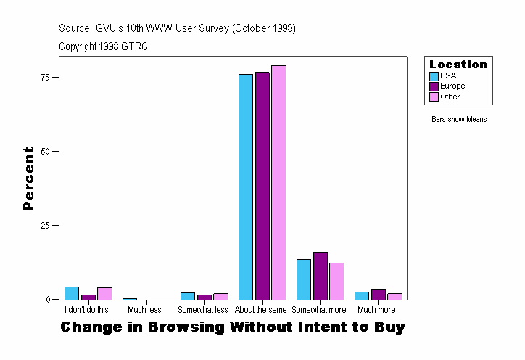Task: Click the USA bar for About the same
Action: point(246,187)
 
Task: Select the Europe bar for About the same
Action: point(262,186)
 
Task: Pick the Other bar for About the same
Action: point(278,182)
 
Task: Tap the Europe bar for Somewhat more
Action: point(321,276)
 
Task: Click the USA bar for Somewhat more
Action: point(304,279)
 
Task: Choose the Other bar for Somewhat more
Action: point(336,281)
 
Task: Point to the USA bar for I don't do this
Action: point(72,293)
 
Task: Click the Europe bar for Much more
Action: point(379,294)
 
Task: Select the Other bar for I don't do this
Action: point(104,293)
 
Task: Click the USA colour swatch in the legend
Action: point(434,75)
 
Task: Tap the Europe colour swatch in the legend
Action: point(434,86)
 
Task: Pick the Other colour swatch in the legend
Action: point(434,97)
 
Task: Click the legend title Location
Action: point(458,65)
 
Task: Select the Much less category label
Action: point(144,310)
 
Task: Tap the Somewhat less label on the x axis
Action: point(203,310)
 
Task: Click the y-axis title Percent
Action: point(28,179)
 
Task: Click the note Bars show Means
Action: point(459,119)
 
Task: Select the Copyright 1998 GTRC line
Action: point(103,46)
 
